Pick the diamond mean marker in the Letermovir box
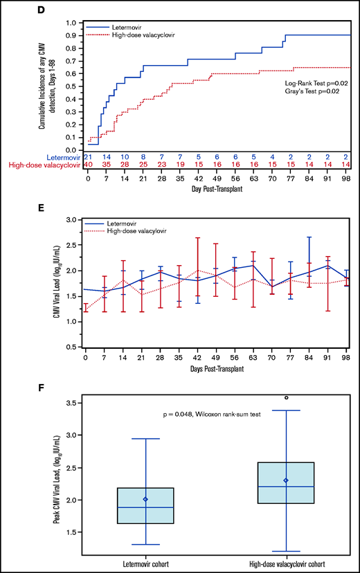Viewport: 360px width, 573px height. [x=145, y=499]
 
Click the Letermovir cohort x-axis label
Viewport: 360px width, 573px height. [x=145, y=565]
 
